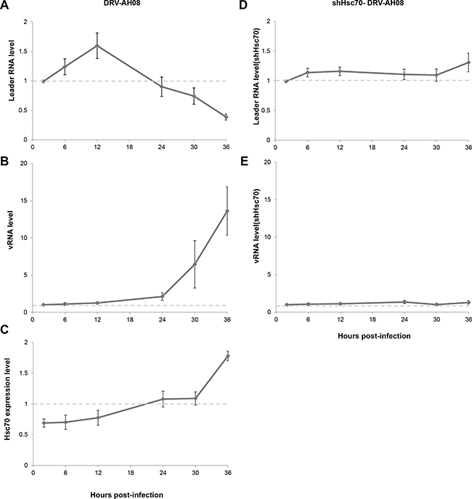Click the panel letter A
click(4, 5)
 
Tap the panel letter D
click(243, 5)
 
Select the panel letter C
click(4, 330)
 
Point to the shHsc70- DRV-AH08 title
click(370, 4)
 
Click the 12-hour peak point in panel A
click(97, 46)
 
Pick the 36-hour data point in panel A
click(226, 117)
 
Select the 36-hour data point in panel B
click(227, 211)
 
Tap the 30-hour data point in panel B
click(195, 264)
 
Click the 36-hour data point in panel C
click(227, 356)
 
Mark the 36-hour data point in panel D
click(468, 63)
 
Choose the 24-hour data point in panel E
click(404, 302)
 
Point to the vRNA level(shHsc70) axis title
click(256, 226)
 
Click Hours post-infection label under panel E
click(374, 336)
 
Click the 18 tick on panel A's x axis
click(129, 148)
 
